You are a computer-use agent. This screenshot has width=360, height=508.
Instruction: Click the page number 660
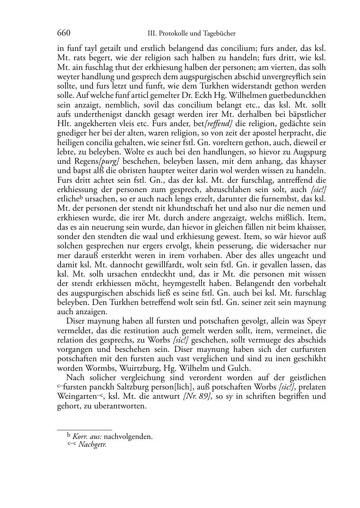pyautogui.click(x=63, y=33)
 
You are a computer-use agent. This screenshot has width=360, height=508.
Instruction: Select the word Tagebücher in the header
pyautogui.click(x=219, y=34)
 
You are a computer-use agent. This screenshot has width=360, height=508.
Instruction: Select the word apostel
pyautogui.click(x=248, y=133)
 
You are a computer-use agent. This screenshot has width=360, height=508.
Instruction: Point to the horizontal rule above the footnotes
pyautogui.click(x=85, y=430)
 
